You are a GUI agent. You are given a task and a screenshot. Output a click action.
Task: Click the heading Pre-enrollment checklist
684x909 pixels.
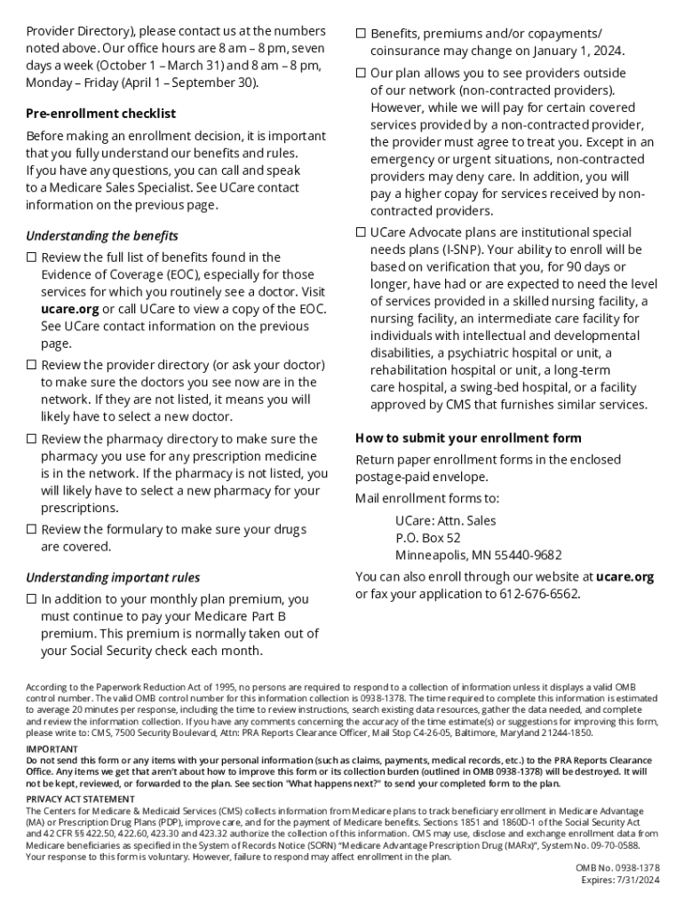coord(100,114)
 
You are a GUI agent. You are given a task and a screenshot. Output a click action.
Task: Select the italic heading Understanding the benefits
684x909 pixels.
coord(102,236)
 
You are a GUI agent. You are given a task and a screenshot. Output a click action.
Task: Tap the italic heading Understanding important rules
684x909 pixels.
coord(113,578)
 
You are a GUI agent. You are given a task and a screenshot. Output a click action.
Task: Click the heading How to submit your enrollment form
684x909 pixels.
coord(468,438)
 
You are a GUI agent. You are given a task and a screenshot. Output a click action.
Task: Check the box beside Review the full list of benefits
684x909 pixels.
coord(31,258)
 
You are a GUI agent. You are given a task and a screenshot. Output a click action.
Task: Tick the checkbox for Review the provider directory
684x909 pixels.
coord(31,366)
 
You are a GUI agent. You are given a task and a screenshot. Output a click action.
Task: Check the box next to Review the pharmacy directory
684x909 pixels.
coord(31,439)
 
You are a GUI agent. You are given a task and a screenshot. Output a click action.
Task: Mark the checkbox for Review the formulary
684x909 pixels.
coord(31,530)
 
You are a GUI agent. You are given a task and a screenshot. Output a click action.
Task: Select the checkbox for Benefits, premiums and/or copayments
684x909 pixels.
coord(361,34)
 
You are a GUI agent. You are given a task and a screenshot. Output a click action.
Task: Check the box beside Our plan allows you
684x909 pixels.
coord(361,73)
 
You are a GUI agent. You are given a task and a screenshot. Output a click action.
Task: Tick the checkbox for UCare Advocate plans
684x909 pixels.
coord(361,233)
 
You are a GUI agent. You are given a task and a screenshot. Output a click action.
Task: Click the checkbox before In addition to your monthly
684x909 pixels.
coord(31,600)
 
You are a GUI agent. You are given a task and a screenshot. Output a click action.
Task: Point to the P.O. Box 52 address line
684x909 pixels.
coord(428,538)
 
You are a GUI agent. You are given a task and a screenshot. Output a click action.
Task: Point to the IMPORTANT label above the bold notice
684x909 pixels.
coord(52,749)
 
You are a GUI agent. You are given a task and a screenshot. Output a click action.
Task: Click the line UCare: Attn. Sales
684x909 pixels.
coord(446,520)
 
